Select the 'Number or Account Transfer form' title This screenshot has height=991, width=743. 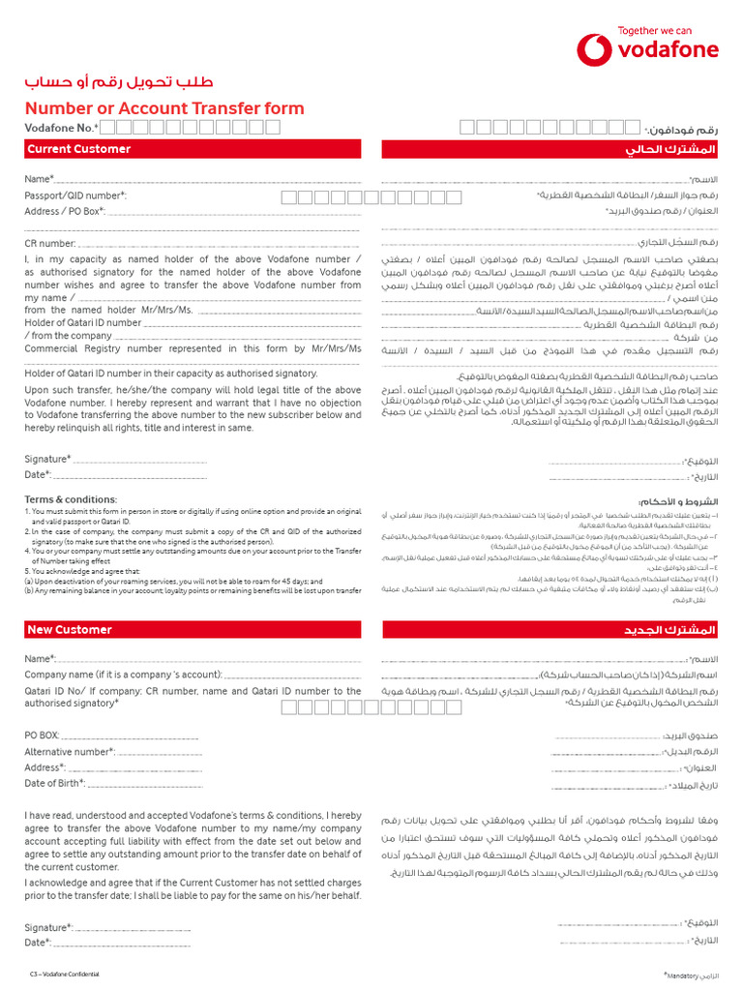(x=164, y=107)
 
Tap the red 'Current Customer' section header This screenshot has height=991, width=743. (x=79, y=149)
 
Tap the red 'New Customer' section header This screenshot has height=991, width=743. (x=70, y=630)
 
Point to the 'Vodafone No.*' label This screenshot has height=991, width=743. (x=61, y=128)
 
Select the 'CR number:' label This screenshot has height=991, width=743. (x=50, y=244)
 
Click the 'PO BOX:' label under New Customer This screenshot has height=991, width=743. (x=42, y=736)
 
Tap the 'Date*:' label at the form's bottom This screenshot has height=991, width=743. (x=38, y=942)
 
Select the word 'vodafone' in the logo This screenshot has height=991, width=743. (x=669, y=49)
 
